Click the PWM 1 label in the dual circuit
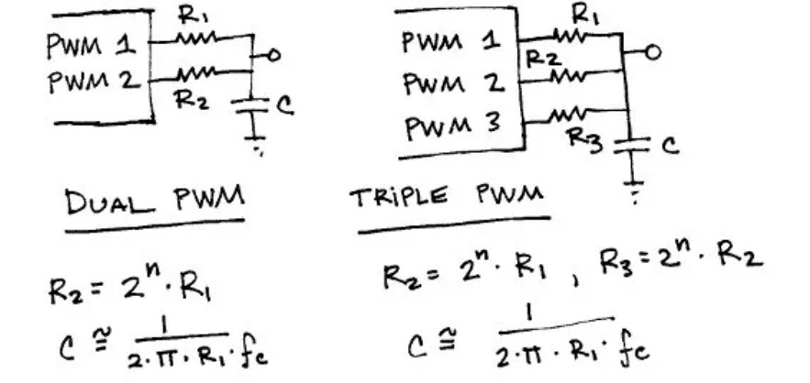pyautogui.click(x=91, y=43)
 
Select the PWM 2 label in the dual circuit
pyautogui.click(x=93, y=80)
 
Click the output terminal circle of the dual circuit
pyautogui.click(x=270, y=56)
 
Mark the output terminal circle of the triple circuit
pyautogui.click(x=652, y=53)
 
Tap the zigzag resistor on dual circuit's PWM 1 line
pyautogui.click(x=194, y=38)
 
